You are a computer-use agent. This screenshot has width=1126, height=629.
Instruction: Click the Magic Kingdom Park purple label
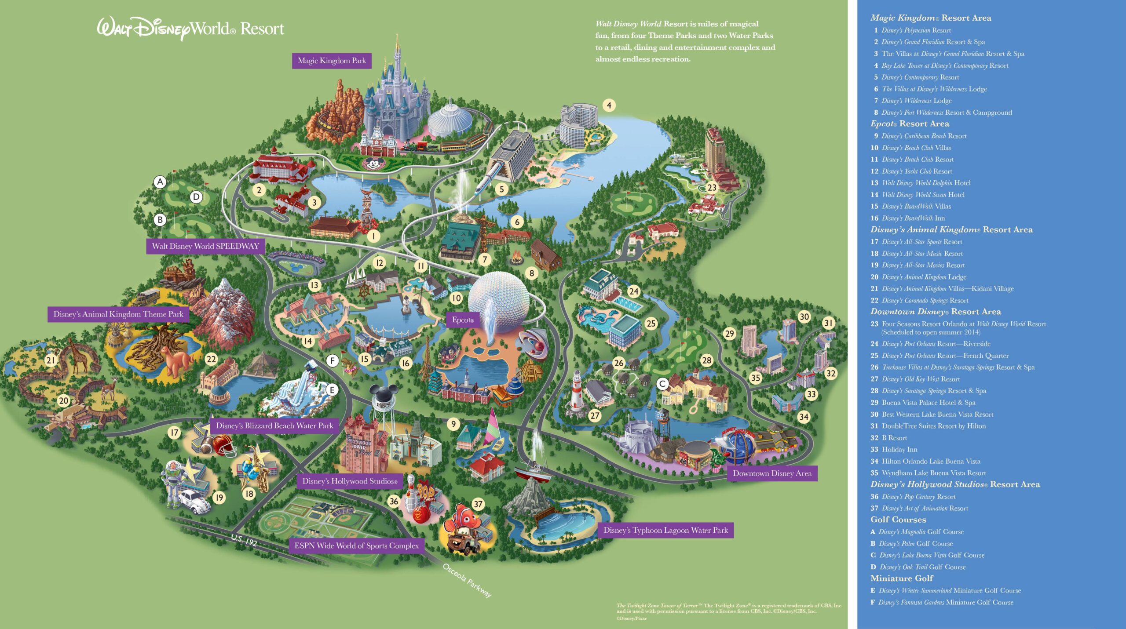[332, 61]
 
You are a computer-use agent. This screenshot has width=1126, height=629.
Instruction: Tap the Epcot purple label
[463, 320]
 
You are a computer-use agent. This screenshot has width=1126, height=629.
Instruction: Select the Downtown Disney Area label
[772, 473]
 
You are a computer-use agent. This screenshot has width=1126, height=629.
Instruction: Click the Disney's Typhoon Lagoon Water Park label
[665, 530]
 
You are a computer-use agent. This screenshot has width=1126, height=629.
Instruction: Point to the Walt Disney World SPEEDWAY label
[205, 246]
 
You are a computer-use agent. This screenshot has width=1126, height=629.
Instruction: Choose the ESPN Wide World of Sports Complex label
[356, 545]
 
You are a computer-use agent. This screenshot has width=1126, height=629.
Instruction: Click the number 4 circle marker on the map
[609, 105]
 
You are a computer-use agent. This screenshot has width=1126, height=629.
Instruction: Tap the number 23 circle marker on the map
[712, 188]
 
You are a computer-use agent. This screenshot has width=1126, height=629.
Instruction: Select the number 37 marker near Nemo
[478, 504]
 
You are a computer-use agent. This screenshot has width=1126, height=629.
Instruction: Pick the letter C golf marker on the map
[662, 384]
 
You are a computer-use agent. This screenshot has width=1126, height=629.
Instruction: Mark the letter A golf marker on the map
[160, 182]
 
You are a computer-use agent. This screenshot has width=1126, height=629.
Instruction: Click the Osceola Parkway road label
[467, 580]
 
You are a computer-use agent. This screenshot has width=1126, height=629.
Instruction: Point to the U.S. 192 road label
[244, 539]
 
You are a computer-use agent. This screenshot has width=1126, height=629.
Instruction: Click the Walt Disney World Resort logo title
[190, 29]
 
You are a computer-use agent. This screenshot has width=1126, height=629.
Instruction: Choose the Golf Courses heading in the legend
[898, 520]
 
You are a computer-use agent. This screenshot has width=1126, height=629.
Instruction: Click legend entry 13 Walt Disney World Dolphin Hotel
[921, 183]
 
